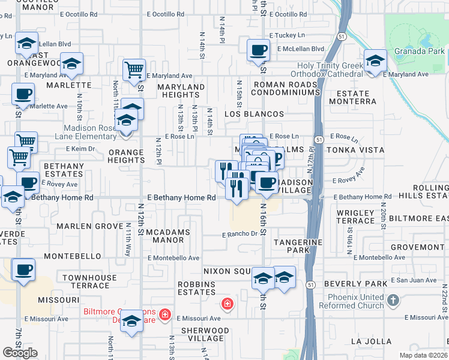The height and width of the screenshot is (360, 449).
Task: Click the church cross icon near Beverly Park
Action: coord(393,299)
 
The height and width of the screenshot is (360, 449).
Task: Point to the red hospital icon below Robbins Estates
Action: coord(227,304)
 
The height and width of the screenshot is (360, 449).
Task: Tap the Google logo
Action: coord(20,353)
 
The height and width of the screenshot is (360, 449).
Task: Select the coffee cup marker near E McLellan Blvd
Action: coord(258,50)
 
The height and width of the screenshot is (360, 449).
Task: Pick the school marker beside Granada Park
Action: coord(375,61)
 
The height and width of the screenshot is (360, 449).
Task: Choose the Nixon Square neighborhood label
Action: coord(226,271)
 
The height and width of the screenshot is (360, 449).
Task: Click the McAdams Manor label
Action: coord(168,236)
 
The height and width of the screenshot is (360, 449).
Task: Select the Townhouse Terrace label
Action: coord(89,282)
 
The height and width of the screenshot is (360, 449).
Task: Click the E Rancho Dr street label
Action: coord(240,235)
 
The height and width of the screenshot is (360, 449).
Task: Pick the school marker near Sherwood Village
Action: coord(131,321)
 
